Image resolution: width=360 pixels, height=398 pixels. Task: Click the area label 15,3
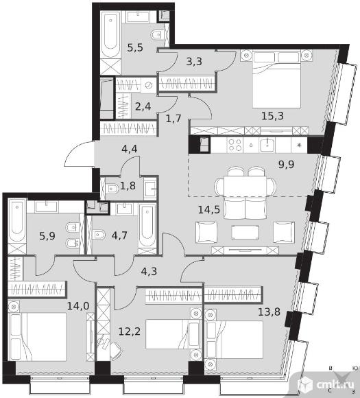272,116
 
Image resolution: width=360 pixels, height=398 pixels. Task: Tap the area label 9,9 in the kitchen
286,165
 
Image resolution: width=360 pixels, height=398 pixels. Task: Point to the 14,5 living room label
208,210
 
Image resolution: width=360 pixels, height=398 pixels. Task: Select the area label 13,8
269,312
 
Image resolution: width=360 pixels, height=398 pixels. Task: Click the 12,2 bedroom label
130,331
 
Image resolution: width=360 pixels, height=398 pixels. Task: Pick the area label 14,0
78,306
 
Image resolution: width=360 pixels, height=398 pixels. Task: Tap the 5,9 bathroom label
47,236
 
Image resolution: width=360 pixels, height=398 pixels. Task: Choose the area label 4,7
119,235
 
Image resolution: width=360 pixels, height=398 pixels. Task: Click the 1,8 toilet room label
128,186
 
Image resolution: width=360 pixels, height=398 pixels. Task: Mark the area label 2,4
143,106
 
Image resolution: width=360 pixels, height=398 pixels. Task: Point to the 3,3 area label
194,62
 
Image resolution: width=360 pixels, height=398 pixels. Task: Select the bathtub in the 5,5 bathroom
111,35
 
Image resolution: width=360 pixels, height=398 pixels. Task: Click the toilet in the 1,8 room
112,189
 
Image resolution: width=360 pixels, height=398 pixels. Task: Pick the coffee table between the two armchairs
245,232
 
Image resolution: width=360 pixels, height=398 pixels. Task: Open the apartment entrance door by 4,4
79,154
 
